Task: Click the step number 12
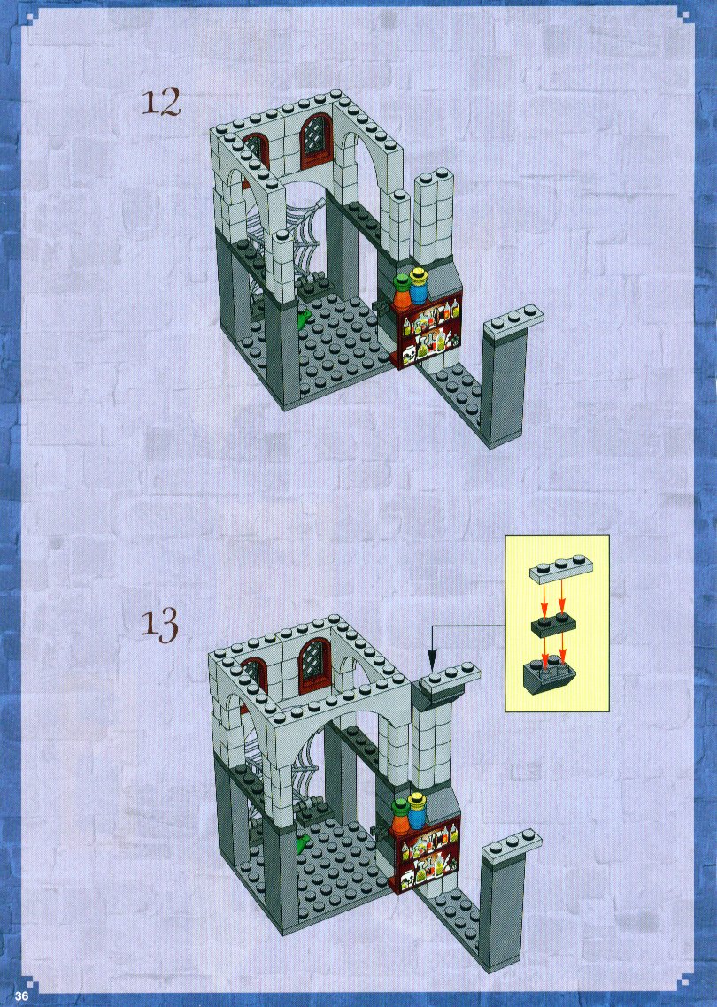pyautogui.click(x=160, y=103)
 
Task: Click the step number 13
pyautogui.click(x=159, y=626)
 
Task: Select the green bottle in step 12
pyautogui.click(x=402, y=291)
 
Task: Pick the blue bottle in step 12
pyautogui.click(x=419, y=285)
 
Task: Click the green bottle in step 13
pyautogui.click(x=401, y=814)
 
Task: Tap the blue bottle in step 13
pyautogui.click(x=418, y=809)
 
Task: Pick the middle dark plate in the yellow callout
pyautogui.click(x=552, y=624)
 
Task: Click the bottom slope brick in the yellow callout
pyautogui.click(x=550, y=676)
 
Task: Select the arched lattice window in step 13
pyautogui.click(x=315, y=667)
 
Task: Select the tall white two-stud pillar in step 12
pyautogui.click(x=433, y=218)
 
